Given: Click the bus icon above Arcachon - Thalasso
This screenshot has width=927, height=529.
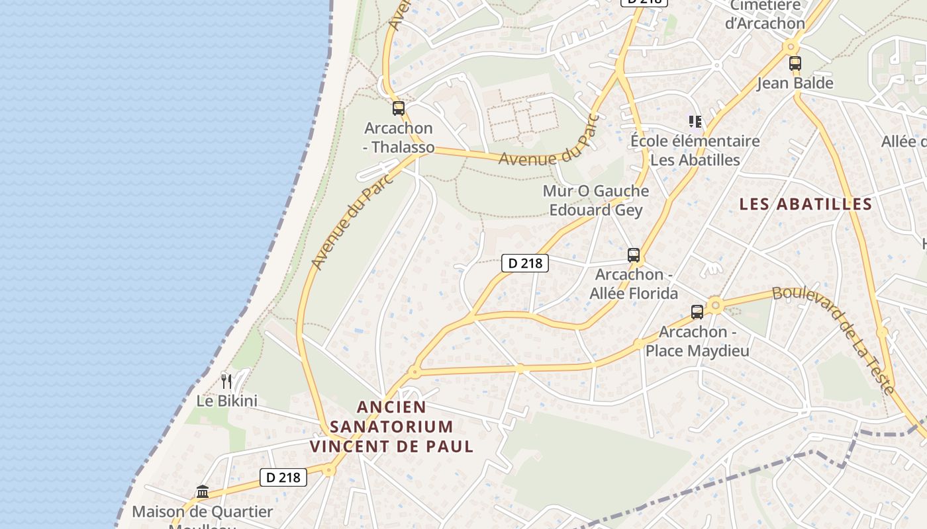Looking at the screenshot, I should [398, 108].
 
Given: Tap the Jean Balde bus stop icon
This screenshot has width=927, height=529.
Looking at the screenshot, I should [795, 63].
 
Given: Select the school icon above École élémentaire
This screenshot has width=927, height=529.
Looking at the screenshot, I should [695, 121].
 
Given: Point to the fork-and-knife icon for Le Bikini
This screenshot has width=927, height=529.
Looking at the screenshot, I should [226, 380].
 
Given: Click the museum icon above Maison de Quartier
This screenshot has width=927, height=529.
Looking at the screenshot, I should [203, 491].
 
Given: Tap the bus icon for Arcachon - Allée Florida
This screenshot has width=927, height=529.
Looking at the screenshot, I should [634, 255].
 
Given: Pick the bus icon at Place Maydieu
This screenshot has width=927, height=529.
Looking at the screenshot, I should [697, 311].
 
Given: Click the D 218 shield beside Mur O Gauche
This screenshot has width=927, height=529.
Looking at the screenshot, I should [525, 263].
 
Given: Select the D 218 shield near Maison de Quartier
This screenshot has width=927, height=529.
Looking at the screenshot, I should [283, 477].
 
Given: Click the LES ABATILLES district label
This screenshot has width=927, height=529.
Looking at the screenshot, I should [805, 204].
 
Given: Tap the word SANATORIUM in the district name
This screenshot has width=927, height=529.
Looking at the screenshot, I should [391, 427].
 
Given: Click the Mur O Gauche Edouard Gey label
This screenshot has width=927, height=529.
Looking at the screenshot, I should [595, 200].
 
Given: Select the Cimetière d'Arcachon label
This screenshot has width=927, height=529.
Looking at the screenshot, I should [765, 15].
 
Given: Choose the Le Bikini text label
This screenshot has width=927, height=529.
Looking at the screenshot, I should [226, 401].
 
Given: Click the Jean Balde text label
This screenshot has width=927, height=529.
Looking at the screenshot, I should [795, 83].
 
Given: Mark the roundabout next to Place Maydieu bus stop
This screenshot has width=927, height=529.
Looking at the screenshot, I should [714, 305].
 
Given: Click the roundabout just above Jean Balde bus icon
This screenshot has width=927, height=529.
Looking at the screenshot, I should [789, 47].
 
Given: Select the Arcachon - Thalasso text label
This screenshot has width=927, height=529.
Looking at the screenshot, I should [399, 138].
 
